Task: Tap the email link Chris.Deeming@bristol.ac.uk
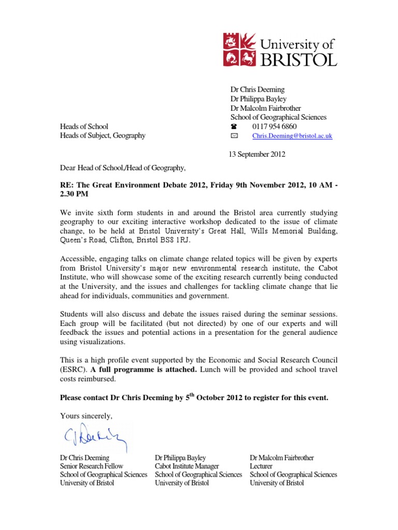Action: click(292, 136)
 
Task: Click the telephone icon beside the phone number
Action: click(234, 126)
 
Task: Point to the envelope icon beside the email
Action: click(234, 136)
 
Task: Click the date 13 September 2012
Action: click(257, 154)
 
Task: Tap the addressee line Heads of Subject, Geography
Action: click(103, 136)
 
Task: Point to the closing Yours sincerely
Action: click(86, 416)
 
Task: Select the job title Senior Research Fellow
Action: click(92, 466)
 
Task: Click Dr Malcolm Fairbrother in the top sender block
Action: click(267, 108)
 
